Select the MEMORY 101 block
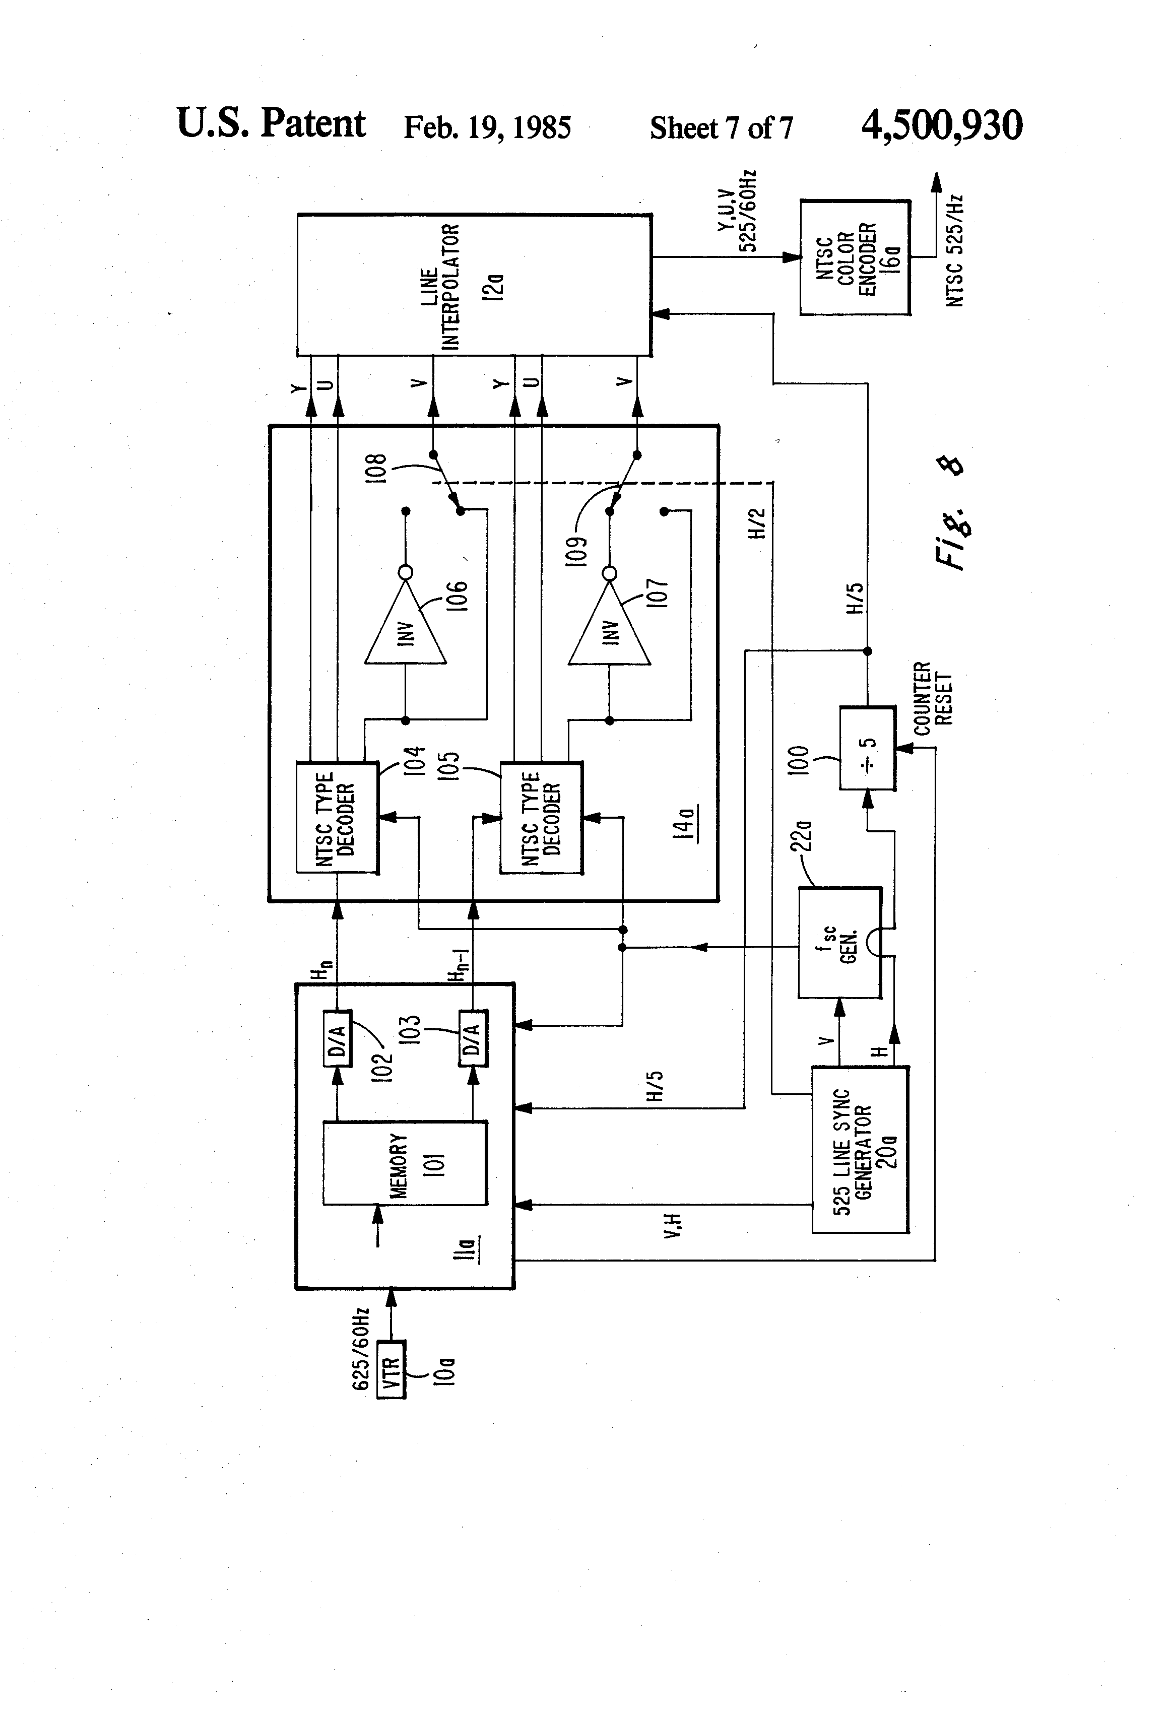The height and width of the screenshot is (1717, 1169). pyautogui.click(x=405, y=1163)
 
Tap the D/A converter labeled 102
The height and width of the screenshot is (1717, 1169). pyautogui.click(x=338, y=1038)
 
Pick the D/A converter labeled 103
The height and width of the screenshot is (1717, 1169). pyautogui.click(x=473, y=1038)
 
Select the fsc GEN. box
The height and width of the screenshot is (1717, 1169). pyautogui.click(x=840, y=943)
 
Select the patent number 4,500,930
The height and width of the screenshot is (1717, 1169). pyautogui.click(x=942, y=125)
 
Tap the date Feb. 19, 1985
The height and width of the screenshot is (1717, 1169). pyautogui.click(x=487, y=127)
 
